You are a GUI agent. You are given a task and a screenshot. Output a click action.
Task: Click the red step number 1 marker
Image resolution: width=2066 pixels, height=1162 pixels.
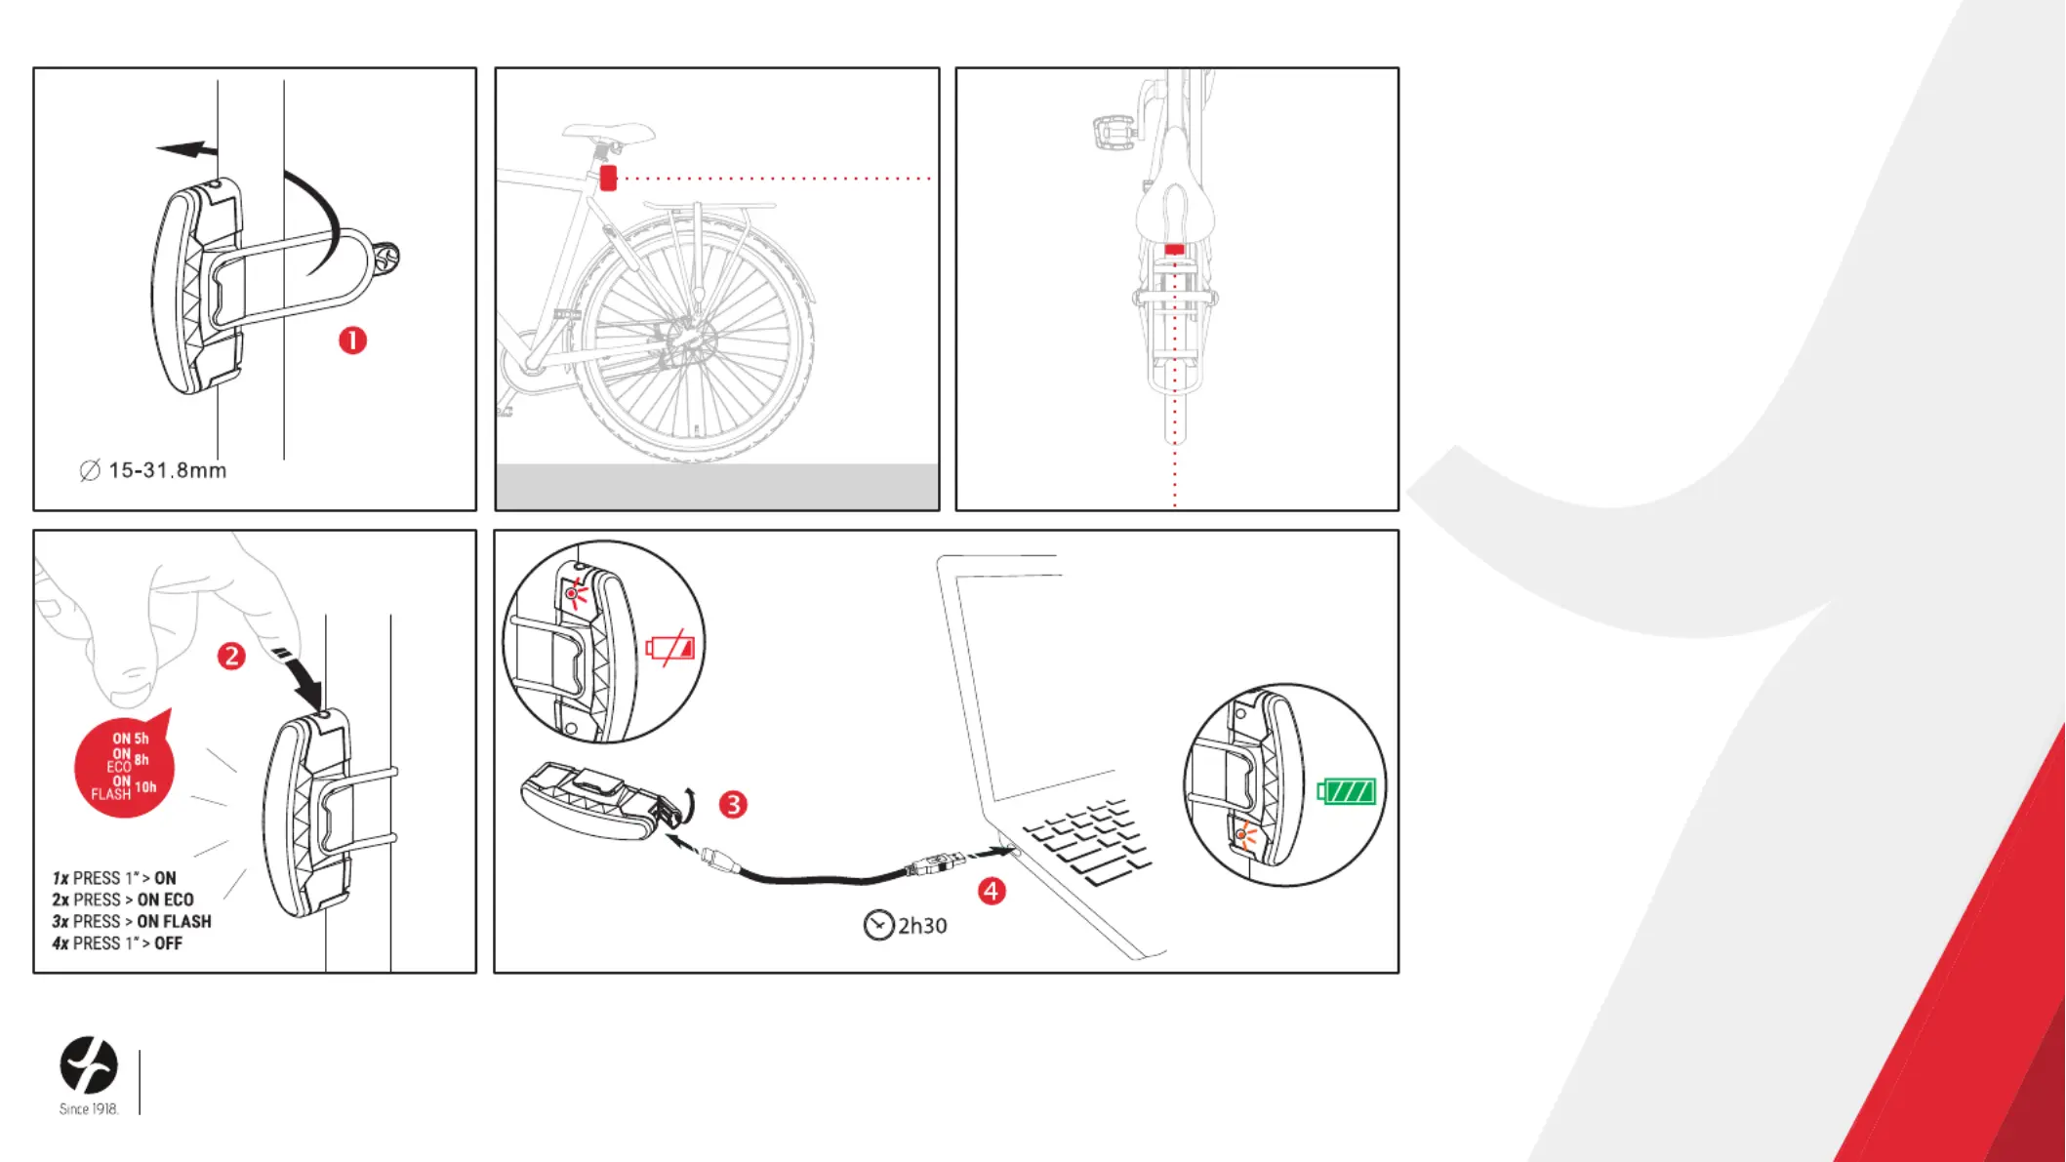tap(352, 341)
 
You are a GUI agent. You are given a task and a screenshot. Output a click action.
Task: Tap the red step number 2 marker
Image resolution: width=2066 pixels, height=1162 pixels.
tap(231, 656)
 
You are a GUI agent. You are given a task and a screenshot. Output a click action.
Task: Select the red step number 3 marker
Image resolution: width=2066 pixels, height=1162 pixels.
tap(733, 805)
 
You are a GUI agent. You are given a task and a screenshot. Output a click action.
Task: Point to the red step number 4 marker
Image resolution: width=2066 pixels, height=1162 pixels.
tap(992, 891)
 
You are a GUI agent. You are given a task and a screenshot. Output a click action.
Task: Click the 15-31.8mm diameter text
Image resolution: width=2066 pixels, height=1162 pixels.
tap(167, 470)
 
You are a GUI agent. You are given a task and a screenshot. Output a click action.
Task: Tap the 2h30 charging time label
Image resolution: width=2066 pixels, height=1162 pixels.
tap(922, 925)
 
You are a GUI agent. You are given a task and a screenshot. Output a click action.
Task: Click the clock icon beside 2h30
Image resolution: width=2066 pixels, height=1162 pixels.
tap(878, 925)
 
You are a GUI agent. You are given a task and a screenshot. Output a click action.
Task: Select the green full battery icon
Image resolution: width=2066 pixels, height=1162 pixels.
tap(1347, 791)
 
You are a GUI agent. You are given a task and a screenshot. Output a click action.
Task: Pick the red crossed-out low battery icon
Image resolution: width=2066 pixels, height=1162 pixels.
tap(670, 648)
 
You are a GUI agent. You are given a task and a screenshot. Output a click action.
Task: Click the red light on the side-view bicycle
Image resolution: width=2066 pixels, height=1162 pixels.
tap(608, 178)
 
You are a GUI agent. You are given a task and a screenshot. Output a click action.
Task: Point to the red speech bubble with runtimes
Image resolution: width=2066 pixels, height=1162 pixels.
tap(125, 765)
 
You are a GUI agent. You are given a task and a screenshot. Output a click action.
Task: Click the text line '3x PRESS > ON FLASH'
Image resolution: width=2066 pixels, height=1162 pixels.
tap(132, 921)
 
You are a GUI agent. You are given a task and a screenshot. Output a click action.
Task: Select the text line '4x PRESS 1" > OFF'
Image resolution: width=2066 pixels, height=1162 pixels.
tap(117, 943)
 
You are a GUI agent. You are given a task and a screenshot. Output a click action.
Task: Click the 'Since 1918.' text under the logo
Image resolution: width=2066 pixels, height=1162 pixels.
tap(89, 1109)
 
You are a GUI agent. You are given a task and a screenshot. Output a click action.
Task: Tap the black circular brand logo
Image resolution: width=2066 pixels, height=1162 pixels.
tap(89, 1064)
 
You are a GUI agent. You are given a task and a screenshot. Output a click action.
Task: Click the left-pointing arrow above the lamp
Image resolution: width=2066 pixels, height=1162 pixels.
tap(187, 149)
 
